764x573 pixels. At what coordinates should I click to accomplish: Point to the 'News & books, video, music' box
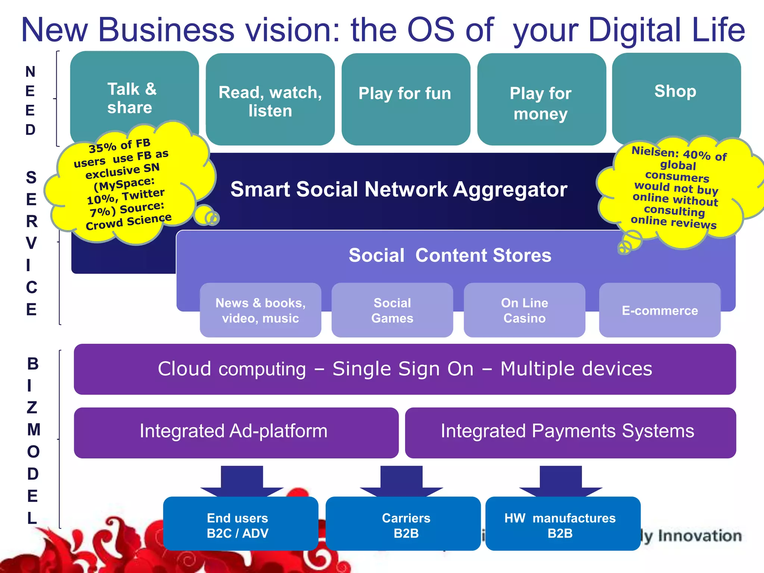pyautogui.click(x=260, y=310)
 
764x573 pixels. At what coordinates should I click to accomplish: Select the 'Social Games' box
pyautogui.click(x=392, y=310)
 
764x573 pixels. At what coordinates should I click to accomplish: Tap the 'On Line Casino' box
pyautogui.click(x=524, y=310)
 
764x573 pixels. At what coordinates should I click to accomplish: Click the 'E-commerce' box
pyautogui.click(x=660, y=310)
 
